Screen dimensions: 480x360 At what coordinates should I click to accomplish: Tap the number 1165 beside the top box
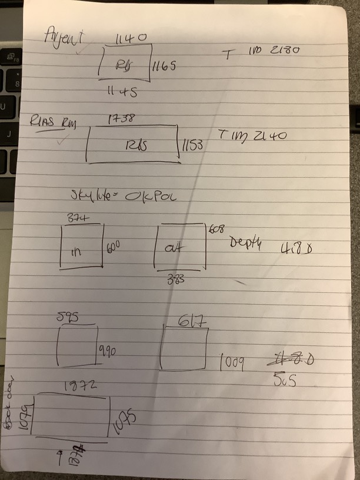164,68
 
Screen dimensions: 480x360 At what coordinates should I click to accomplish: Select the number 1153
192,144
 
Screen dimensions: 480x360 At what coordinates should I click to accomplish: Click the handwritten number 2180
285,51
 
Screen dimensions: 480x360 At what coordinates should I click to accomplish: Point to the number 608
218,228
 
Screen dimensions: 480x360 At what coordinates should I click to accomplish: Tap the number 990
107,352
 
